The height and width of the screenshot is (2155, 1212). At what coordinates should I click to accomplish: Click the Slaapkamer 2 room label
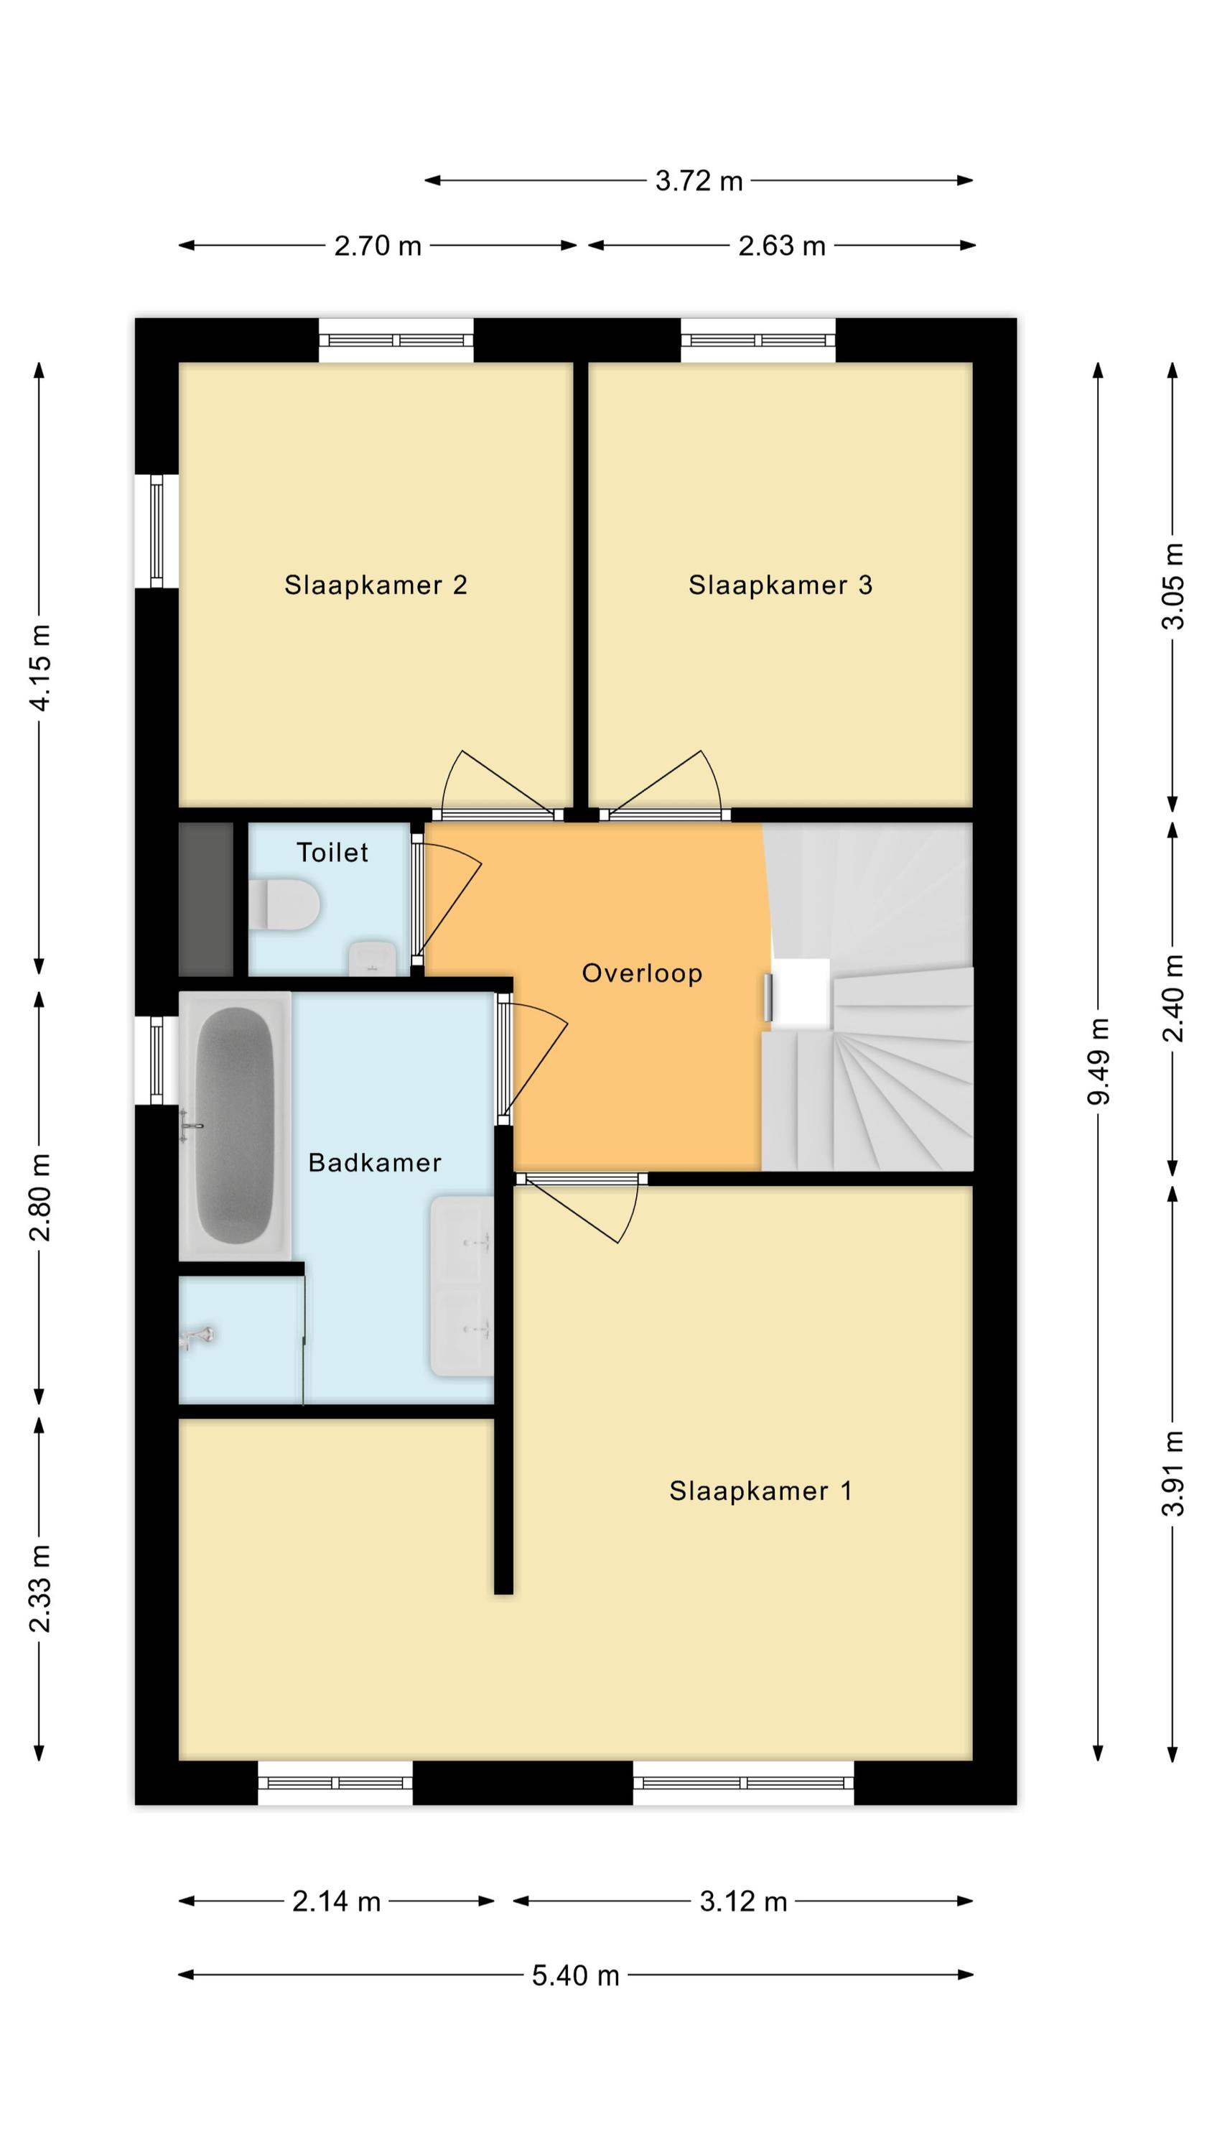point(376,585)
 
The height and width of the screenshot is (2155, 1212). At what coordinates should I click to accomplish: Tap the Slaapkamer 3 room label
point(780,585)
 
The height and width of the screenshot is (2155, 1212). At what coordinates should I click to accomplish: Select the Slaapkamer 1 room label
point(760,1491)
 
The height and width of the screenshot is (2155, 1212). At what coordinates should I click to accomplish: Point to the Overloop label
point(643,973)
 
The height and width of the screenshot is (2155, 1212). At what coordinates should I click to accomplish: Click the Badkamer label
point(375,1162)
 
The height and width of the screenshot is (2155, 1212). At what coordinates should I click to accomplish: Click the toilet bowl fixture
point(284,904)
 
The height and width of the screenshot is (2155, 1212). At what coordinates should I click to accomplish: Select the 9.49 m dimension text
point(1099,1062)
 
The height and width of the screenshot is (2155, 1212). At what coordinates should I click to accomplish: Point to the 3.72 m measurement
point(699,181)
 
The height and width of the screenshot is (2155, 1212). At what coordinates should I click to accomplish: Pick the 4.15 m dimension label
point(40,667)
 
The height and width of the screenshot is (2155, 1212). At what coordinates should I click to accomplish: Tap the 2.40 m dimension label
point(1173,998)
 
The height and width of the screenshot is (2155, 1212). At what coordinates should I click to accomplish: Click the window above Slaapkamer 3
point(757,340)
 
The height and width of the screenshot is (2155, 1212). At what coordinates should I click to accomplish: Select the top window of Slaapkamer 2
point(396,340)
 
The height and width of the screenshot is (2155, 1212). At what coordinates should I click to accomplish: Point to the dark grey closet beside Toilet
point(206,899)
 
